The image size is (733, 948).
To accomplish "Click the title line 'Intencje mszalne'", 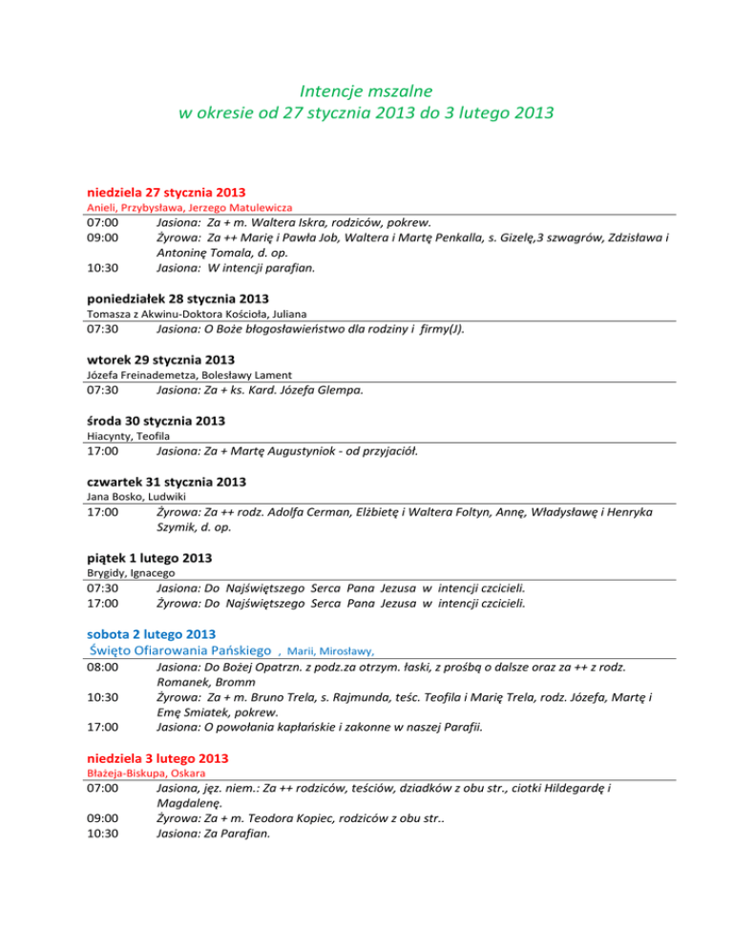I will tap(366, 92).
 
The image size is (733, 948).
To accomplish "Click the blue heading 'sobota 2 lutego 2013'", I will tap(152, 633).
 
